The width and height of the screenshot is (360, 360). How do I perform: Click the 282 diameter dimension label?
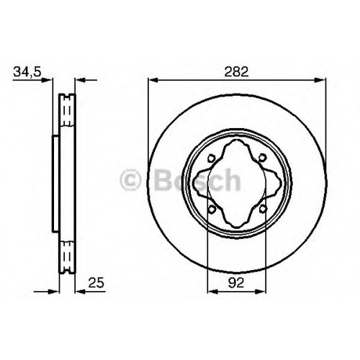click(236, 72)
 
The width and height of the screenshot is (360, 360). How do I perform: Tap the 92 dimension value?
click(236, 282)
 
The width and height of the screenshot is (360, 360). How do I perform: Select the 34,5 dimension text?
click(27, 72)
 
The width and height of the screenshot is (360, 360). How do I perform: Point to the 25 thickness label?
click(96, 282)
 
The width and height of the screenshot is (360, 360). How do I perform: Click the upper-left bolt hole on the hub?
click(211, 158)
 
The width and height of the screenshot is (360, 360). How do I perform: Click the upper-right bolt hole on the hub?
click(263, 158)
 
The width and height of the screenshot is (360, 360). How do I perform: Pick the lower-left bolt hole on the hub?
click(212, 209)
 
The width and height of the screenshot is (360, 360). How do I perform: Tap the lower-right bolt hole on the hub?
click(263, 209)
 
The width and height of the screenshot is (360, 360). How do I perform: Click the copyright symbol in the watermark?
click(130, 179)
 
